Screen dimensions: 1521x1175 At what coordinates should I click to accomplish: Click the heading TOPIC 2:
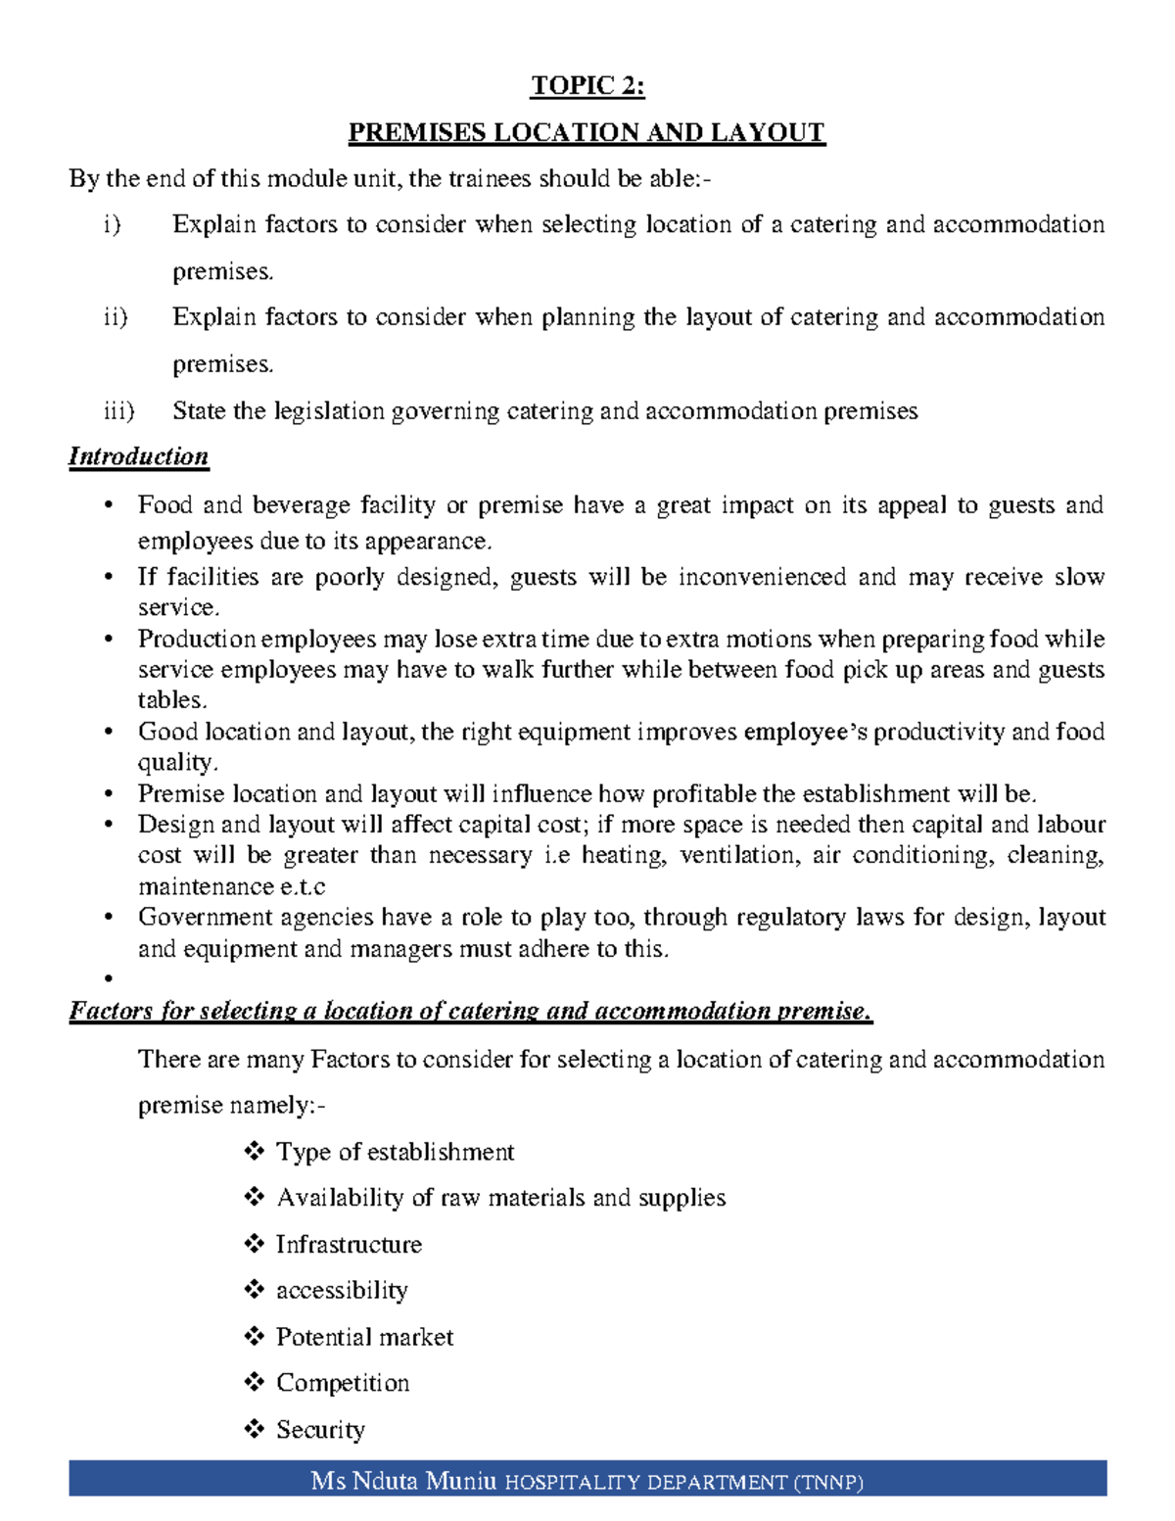click(x=587, y=86)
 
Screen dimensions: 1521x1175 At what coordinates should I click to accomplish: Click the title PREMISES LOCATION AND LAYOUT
click(x=587, y=132)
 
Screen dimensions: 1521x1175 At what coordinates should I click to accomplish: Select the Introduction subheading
click(x=138, y=457)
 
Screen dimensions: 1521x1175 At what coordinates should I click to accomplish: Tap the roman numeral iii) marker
click(x=118, y=411)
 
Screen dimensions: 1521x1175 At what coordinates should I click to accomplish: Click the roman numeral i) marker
click(x=112, y=225)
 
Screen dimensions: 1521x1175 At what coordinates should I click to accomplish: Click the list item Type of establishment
click(x=395, y=1152)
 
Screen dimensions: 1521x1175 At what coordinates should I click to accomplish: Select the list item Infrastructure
click(x=349, y=1245)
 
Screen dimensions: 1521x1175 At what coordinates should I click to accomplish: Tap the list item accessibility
click(x=342, y=1291)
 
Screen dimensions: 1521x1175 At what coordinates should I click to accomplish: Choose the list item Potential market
click(x=364, y=1337)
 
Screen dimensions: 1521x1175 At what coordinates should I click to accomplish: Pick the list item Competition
click(x=343, y=1383)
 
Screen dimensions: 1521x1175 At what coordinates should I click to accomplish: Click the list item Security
click(x=320, y=1430)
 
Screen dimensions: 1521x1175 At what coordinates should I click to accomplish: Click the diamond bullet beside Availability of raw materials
click(x=255, y=1197)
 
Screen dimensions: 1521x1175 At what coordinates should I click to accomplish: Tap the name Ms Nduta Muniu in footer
click(x=403, y=1480)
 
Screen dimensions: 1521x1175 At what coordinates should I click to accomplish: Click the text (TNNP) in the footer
click(x=828, y=1483)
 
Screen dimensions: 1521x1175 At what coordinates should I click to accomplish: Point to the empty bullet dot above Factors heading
click(x=109, y=978)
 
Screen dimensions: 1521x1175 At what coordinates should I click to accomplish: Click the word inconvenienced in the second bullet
click(x=762, y=578)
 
